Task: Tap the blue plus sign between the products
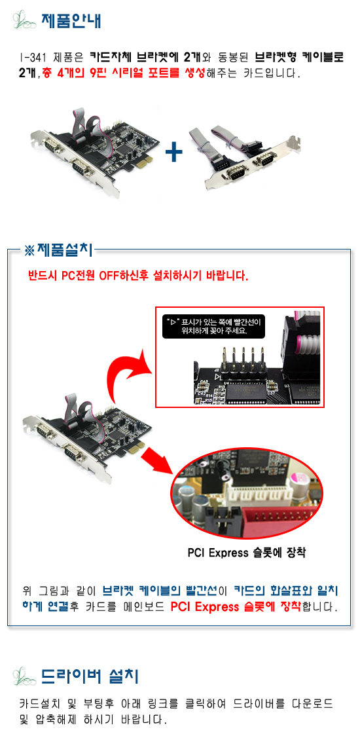[175, 152]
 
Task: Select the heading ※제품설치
[59, 250]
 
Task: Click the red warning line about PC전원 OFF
[139, 276]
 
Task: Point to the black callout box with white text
[214, 326]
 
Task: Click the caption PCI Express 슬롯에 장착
[246, 553]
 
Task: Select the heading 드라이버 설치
[90, 676]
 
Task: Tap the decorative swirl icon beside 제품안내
[25, 21]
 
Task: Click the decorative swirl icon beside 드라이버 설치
[25, 676]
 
